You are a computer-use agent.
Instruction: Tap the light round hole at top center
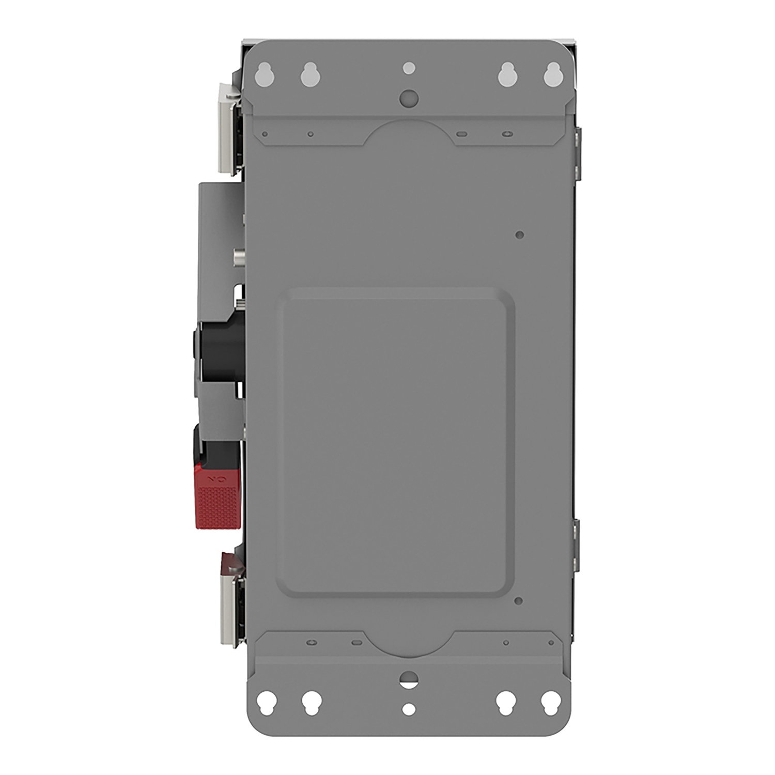[x=409, y=68]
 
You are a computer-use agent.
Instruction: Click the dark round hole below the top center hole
[x=409, y=96]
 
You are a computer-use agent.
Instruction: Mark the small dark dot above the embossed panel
[x=520, y=235]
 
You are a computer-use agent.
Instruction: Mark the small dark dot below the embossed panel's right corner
[x=519, y=601]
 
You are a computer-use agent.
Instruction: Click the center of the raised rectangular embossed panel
[x=395, y=442]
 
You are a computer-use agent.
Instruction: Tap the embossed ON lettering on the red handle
[x=214, y=480]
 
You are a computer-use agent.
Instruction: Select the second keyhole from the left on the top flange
[x=308, y=75]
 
